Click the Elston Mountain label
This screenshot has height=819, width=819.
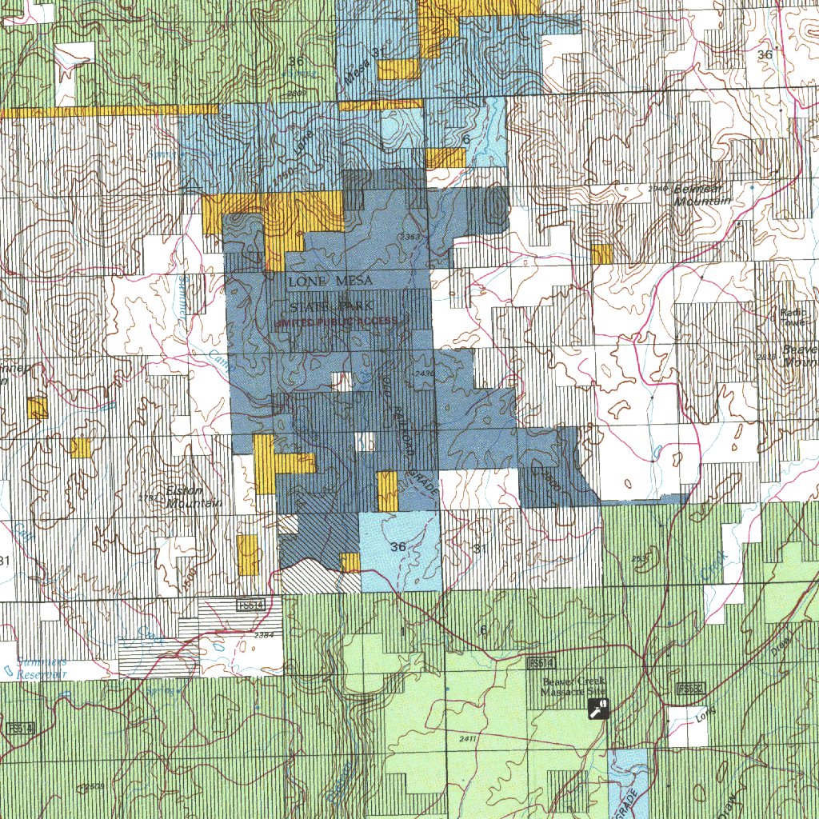[x=192, y=497]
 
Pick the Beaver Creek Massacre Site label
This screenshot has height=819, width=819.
[x=573, y=686]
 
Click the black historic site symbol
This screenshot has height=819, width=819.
[x=597, y=708]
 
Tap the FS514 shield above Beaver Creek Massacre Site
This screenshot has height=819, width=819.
[x=540, y=664]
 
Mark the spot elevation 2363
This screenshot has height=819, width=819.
[x=410, y=237]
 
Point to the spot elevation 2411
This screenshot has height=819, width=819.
[x=469, y=739]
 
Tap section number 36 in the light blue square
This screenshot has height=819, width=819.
[x=398, y=547]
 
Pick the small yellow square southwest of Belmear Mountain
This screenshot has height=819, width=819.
[x=601, y=254]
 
